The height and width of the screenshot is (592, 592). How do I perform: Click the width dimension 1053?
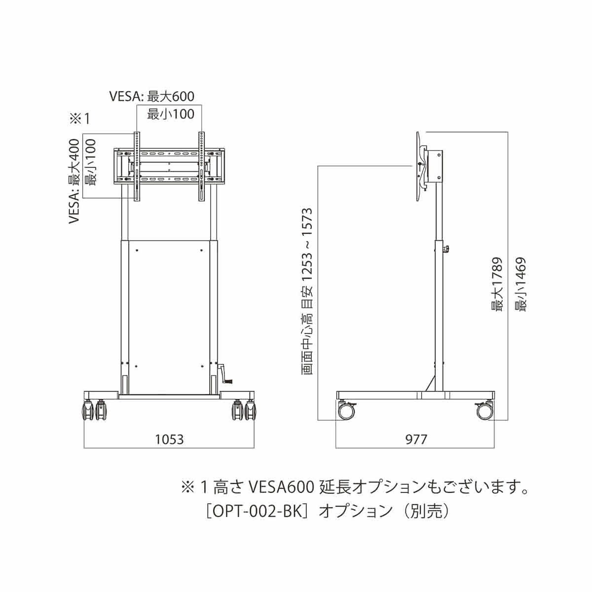pos(169,440)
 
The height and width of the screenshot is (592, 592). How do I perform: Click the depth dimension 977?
pos(416,440)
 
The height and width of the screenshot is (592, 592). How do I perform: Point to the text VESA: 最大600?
pos(152,96)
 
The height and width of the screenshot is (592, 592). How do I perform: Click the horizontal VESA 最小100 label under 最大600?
pos(171,114)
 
